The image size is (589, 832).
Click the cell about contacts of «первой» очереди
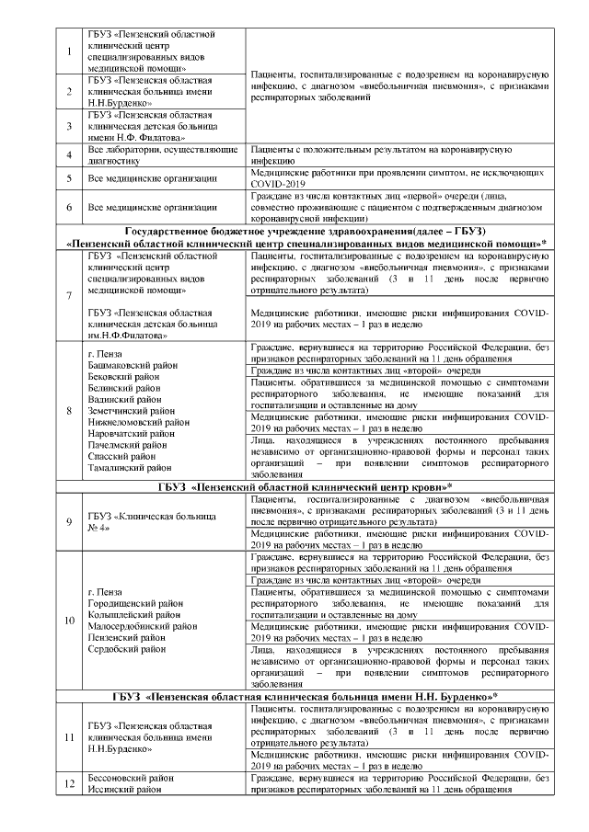coord(398,207)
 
